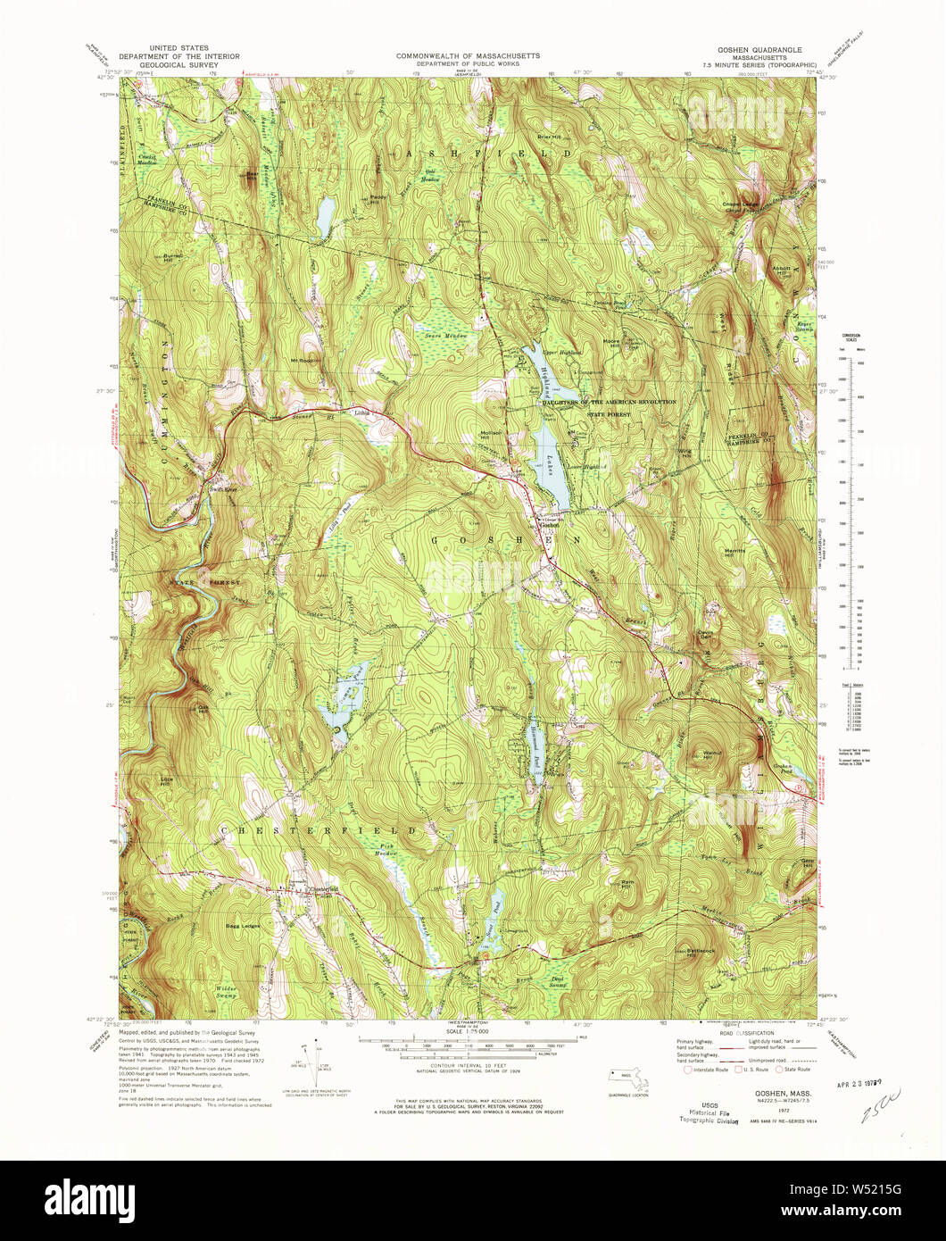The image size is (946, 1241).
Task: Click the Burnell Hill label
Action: coord(173,258)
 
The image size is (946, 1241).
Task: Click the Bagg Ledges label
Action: coord(243,926)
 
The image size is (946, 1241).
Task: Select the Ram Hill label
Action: coord(627,882)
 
